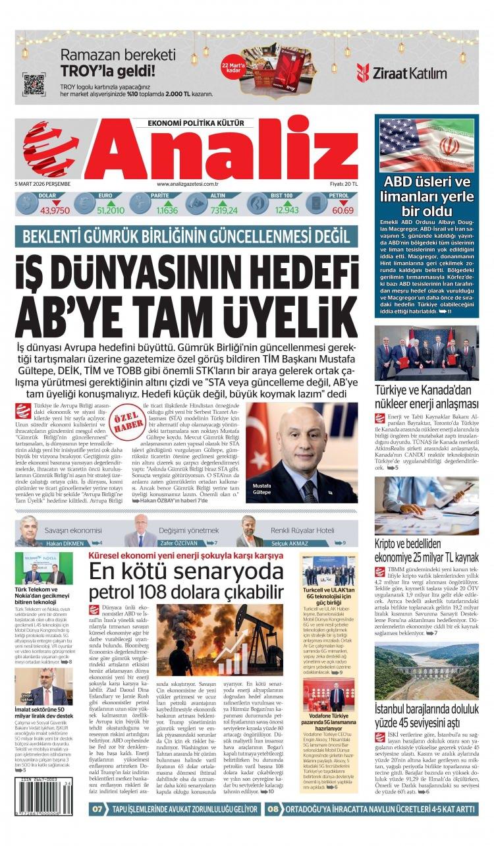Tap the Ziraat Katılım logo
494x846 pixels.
click(x=401, y=72)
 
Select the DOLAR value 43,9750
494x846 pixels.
click(x=55, y=210)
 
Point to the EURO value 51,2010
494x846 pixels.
click(x=110, y=210)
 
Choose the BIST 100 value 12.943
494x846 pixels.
click(x=287, y=210)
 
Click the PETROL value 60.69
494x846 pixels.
click(x=343, y=210)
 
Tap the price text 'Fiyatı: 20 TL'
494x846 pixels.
click(x=343, y=184)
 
